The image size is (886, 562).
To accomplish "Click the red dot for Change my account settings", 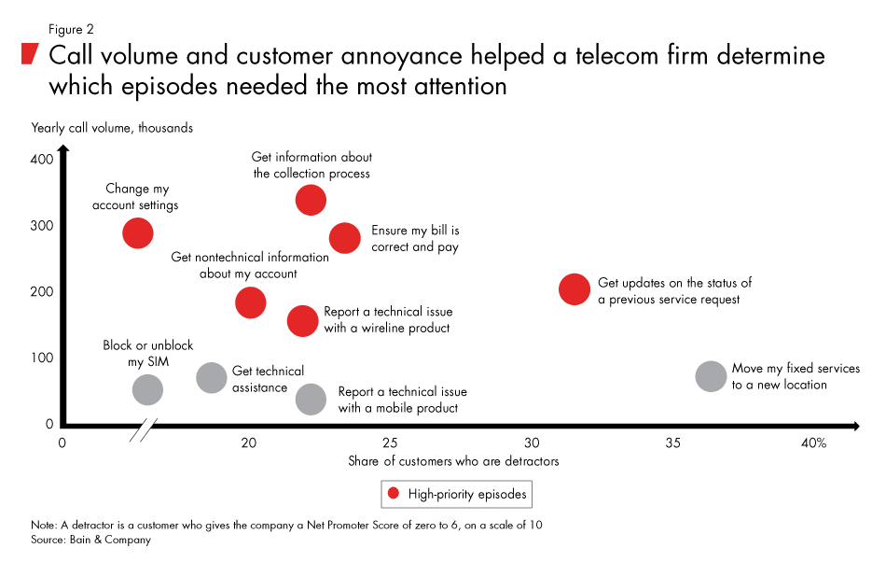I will (137, 232).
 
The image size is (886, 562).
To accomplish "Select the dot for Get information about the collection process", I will (311, 199).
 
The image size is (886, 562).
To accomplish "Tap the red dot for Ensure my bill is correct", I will (345, 238).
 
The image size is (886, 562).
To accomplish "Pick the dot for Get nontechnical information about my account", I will (250, 302).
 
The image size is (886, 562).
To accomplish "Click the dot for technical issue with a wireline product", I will (302, 320).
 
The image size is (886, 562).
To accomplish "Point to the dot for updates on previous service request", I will (575, 288).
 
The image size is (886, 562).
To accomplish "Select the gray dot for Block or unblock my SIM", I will (147, 389).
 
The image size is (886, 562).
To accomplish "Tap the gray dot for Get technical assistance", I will (213, 377).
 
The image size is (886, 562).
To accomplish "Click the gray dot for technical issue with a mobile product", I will (311, 400).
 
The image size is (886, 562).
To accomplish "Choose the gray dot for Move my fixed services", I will (711, 376).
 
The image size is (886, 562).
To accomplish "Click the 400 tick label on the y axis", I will (40, 160).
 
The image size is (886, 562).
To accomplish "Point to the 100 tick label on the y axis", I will (40, 358).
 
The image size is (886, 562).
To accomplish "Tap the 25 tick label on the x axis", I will (390, 443).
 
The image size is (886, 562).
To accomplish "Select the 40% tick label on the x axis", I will (813, 443).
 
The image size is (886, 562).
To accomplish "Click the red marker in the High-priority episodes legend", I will (393, 493).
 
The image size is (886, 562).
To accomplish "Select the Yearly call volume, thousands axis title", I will (112, 128).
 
